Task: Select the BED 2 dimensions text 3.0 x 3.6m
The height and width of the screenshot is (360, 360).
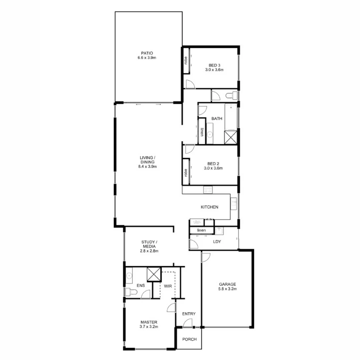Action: pyautogui.click(x=213, y=168)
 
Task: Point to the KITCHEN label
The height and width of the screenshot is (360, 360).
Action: pyautogui.click(x=209, y=207)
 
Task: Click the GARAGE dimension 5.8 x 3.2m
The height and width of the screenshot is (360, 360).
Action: pyautogui.click(x=228, y=289)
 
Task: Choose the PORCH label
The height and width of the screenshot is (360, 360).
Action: pyautogui.click(x=189, y=339)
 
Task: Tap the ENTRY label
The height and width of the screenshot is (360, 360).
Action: pyautogui.click(x=189, y=314)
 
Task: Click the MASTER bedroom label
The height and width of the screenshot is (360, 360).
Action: pyautogui.click(x=149, y=322)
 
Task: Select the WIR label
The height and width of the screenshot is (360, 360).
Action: pyautogui.click(x=167, y=286)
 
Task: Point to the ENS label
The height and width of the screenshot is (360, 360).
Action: pyautogui.click(x=140, y=286)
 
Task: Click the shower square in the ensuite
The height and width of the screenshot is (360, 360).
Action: pyautogui.click(x=154, y=274)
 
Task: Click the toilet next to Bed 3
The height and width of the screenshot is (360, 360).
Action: pyautogui.click(x=231, y=96)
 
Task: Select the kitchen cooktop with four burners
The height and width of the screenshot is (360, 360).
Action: pyautogui.click(x=208, y=190)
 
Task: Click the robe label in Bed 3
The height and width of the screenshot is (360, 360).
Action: pyautogui.click(x=186, y=61)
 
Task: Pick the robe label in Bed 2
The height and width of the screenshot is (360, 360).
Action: pyautogui.click(x=186, y=172)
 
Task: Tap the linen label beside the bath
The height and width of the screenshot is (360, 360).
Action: pyautogui.click(x=202, y=132)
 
